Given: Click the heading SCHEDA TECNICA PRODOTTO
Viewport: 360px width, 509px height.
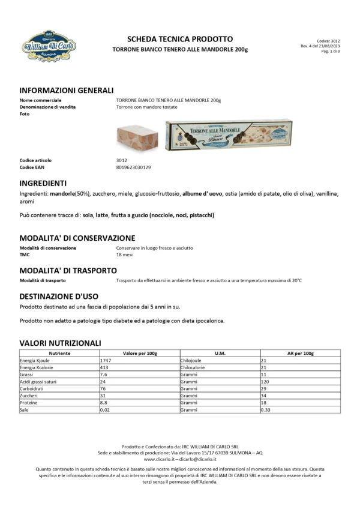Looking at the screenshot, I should click(x=179, y=39).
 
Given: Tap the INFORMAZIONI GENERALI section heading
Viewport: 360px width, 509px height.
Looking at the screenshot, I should click(x=67, y=89).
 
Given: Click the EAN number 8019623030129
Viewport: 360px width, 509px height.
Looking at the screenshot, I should click(x=134, y=167).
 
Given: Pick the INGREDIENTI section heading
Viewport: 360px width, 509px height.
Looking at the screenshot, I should click(x=43, y=182).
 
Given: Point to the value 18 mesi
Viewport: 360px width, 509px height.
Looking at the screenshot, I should click(x=124, y=254).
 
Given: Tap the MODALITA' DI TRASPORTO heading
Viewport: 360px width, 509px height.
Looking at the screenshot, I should click(x=68, y=271).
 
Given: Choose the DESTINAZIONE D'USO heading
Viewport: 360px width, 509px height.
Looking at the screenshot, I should click(x=59, y=297).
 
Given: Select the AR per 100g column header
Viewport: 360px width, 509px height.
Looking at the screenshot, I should click(x=300, y=354).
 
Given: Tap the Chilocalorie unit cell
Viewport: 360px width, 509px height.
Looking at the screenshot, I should click(x=193, y=367).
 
